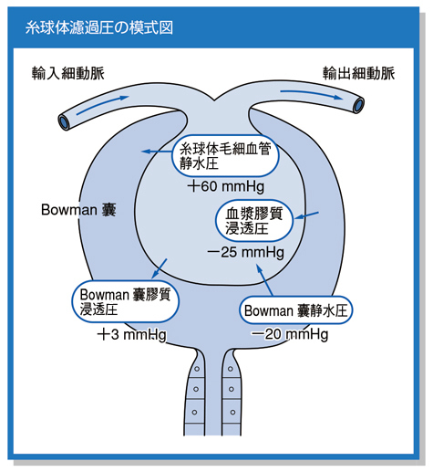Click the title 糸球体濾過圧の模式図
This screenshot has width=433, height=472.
tap(99, 28)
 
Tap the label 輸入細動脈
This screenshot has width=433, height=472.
tap(68, 73)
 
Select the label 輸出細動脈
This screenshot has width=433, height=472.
tap(358, 73)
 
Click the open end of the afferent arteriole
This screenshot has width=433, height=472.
tap(64, 122)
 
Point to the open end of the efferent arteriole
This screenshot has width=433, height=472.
tap(359, 105)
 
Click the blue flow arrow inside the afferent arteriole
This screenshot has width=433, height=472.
tap(103, 105)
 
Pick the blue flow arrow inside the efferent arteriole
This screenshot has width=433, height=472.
tap(312, 94)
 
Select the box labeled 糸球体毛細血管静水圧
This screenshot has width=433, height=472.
tap(225, 156)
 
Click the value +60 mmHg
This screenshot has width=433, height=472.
tap(226, 186)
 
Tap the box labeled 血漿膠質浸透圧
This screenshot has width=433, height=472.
tap(254, 221)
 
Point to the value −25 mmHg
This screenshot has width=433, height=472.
tap(245, 252)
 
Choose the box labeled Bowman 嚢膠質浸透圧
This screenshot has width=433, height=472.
tap(125, 301)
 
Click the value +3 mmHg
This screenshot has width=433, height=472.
tap(131, 335)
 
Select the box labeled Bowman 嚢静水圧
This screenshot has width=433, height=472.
tap(296, 310)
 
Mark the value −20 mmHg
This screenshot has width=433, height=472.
tap(290, 334)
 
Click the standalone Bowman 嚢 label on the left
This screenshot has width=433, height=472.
tap(78, 210)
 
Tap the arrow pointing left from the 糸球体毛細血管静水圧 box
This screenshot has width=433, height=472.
tap(157, 152)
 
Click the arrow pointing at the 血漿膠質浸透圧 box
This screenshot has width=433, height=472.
tap(306, 215)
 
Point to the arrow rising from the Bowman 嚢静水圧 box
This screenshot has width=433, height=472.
tap(264, 279)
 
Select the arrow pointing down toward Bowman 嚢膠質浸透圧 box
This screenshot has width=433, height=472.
tap(159, 268)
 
